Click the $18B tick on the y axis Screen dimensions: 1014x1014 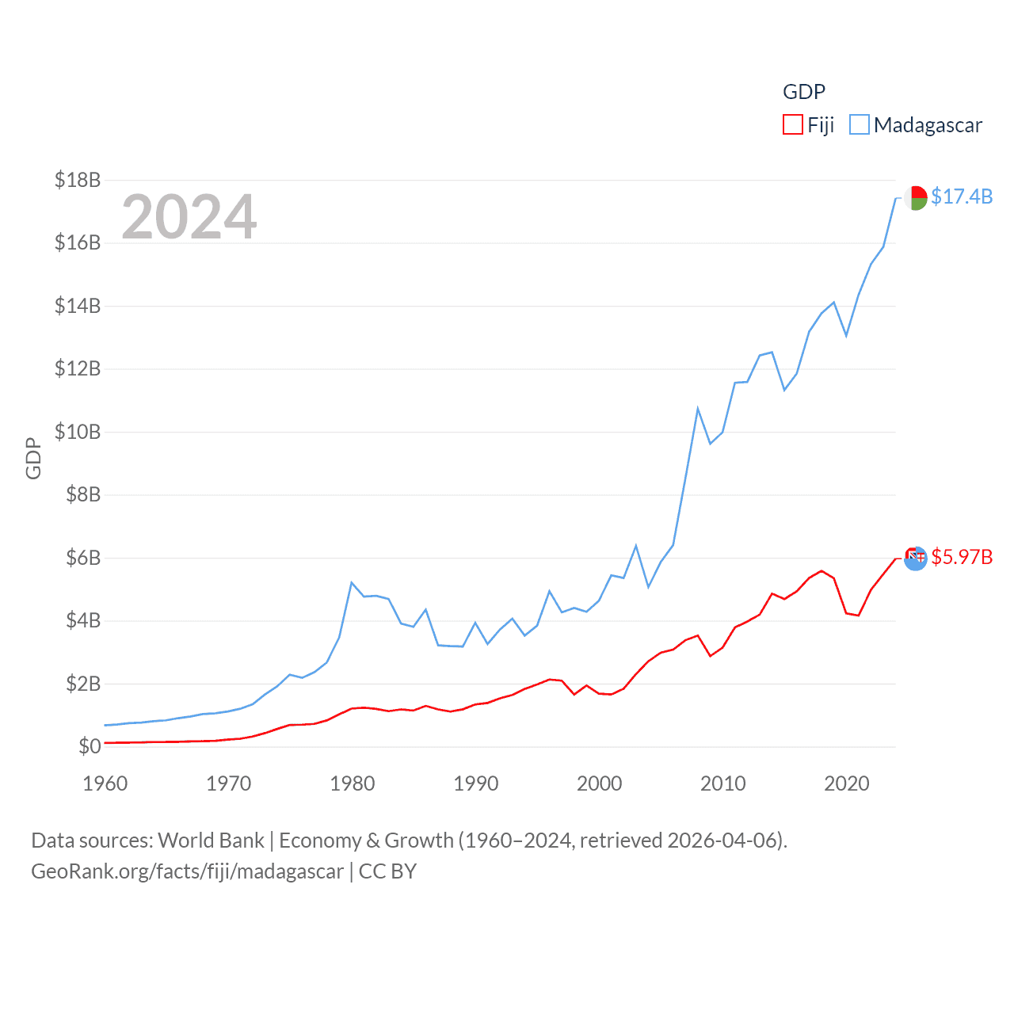pyautogui.click(x=78, y=180)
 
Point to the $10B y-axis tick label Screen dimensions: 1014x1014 pyautogui.click(x=78, y=432)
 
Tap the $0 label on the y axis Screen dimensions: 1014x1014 pyautogui.click(x=90, y=746)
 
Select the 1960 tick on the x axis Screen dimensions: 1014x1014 pyautogui.click(x=105, y=783)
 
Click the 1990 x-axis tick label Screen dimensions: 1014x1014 pyautogui.click(x=476, y=783)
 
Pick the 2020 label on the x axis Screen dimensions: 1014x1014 pyautogui.click(x=847, y=783)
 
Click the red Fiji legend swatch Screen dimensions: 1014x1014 pyautogui.click(x=793, y=125)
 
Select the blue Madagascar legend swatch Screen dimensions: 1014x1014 pyautogui.click(x=860, y=125)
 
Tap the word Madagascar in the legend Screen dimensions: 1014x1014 pyautogui.click(x=928, y=125)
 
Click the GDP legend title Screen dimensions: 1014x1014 pyautogui.click(x=804, y=92)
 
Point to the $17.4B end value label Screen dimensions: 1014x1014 pyautogui.click(x=962, y=196)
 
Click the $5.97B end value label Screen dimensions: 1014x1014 pyautogui.click(x=962, y=557)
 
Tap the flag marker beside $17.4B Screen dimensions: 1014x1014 pyautogui.click(x=916, y=197)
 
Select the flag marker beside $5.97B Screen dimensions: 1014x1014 pyautogui.click(x=916, y=558)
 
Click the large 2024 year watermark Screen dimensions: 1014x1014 pyautogui.click(x=189, y=216)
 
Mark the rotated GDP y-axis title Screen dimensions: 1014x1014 pyautogui.click(x=33, y=458)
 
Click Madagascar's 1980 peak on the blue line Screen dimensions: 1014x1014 pyautogui.click(x=351, y=583)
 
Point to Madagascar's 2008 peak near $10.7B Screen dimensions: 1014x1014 pyautogui.click(x=698, y=409)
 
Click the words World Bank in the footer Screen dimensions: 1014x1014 pyautogui.click(x=211, y=840)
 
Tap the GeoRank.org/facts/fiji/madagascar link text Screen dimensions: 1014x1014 pyautogui.click(x=188, y=871)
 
